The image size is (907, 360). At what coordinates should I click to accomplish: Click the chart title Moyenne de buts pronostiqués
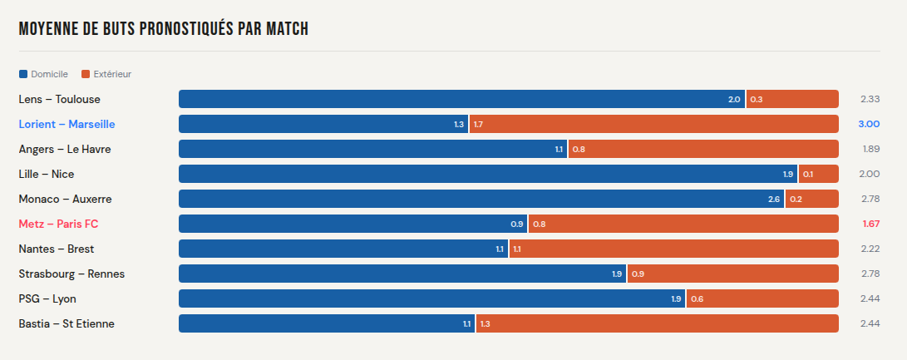(x=164, y=29)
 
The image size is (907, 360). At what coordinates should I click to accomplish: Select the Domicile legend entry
(x=43, y=74)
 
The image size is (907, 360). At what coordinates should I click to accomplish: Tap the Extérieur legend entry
(x=106, y=74)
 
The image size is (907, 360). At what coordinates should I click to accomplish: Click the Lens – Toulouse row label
(x=60, y=99)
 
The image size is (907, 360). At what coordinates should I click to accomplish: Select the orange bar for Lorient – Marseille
(x=653, y=124)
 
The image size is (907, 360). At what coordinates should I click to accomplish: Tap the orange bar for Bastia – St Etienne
(x=657, y=323)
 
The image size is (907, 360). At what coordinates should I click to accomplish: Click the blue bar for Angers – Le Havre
(x=372, y=149)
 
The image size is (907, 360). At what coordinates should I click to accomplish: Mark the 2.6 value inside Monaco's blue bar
(x=773, y=200)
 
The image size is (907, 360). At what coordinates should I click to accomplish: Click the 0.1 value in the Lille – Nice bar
(x=808, y=175)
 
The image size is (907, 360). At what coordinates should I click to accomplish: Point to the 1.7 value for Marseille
(x=478, y=125)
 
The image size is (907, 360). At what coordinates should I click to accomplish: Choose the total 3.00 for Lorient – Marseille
(x=869, y=124)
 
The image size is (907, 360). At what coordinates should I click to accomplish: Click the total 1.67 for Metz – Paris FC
(x=870, y=224)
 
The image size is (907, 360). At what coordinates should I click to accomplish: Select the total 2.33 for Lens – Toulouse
(x=870, y=99)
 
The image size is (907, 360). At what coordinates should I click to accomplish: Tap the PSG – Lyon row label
(x=47, y=298)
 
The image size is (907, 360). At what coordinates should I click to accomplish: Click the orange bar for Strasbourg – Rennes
(x=732, y=274)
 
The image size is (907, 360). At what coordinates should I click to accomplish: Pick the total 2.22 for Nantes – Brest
(x=870, y=249)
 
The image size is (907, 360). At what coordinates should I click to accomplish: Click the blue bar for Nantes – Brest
(x=343, y=249)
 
